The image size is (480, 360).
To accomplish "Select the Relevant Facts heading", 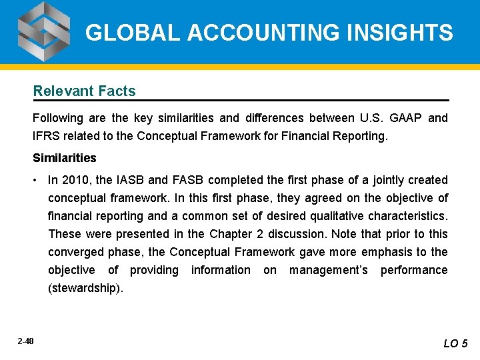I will [85, 91].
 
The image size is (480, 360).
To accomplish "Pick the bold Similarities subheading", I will [65, 158].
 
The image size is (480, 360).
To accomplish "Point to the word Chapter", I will [230, 234].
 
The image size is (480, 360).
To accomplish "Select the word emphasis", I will [387, 252].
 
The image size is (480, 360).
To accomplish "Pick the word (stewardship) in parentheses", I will [86, 288].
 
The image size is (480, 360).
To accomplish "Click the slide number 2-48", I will [26, 341].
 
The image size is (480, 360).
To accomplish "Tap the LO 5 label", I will [456, 343].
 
